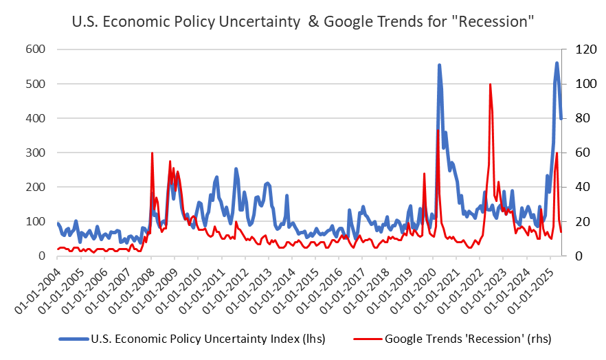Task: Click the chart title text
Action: click(x=303, y=21)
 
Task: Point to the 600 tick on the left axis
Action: click(x=36, y=49)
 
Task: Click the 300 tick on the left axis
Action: click(x=36, y=153)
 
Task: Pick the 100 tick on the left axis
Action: click(x=36, y=221)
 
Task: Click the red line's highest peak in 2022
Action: click(x=490, y=85)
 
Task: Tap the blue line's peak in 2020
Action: click(x=439, y=65)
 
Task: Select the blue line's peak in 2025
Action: click(x=557, y=63)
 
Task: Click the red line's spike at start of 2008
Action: click(x=152, y=153)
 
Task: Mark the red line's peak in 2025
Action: click(x=557, y=153)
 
